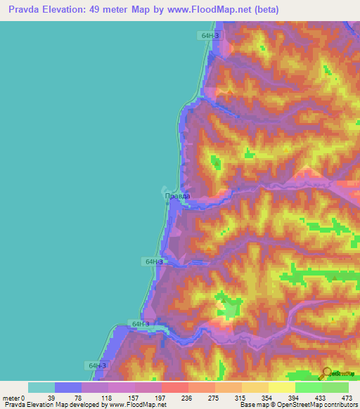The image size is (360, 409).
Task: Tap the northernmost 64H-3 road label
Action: (x=209, y=34)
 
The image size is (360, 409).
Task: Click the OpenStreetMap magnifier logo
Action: (x=327, y=373)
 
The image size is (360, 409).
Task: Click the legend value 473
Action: (x=347, y=398)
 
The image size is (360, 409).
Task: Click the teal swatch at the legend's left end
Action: (x=41, y=387)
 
